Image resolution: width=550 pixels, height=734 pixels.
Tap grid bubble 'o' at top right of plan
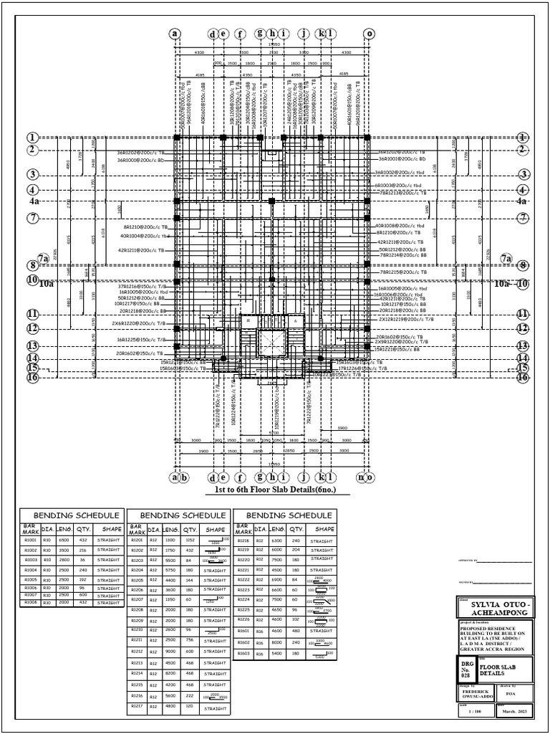click(370, 33)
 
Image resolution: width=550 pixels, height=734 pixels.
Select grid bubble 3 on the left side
click(32, 174)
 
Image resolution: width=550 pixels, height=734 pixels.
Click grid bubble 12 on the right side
click(523, 328)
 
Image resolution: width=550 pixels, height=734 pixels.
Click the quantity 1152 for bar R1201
click(190, 540)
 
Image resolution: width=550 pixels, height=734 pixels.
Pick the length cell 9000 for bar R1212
click(170, 652)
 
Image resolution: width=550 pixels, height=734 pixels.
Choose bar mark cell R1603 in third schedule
click(243, 654)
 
